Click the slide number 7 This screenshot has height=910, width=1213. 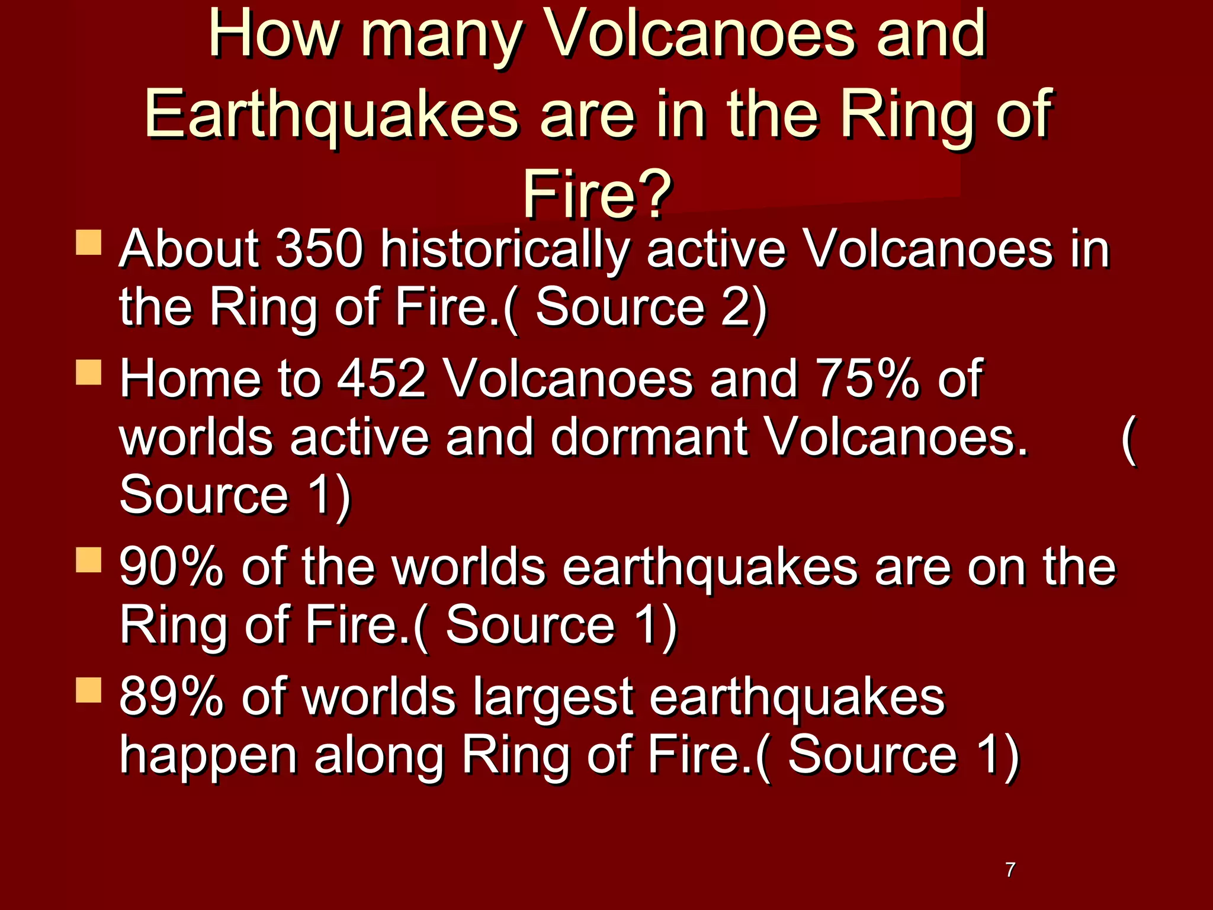[1010, 869]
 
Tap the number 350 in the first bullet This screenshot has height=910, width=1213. [319, 249]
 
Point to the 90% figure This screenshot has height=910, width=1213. [172, 567]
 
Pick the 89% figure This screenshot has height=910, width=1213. [172, 696]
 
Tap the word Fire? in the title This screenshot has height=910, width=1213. [597, 194]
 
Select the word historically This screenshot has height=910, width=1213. [505, 250]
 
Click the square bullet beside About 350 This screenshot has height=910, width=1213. [89, 243]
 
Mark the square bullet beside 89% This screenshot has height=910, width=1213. [89, 690]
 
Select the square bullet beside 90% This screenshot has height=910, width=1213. [89, 560]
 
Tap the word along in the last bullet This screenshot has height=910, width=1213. [379, 755]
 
